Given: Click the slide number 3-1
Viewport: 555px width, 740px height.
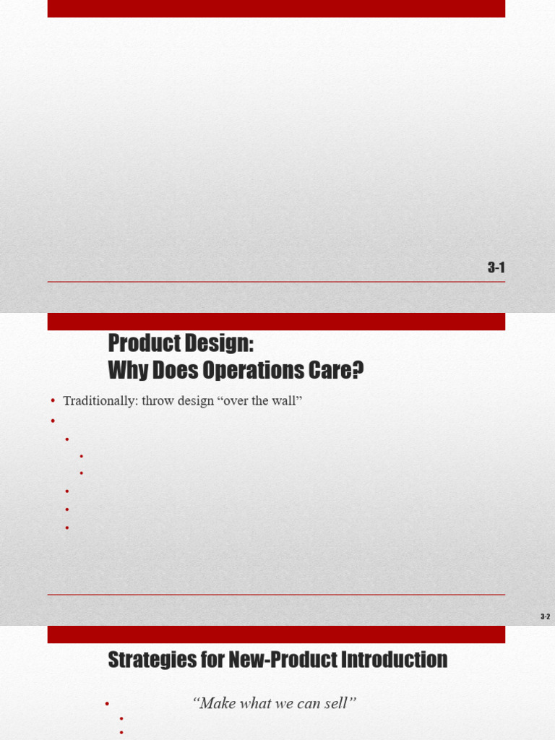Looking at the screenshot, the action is coord(496,267).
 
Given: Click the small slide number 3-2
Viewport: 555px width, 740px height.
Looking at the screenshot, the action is coord(545,616).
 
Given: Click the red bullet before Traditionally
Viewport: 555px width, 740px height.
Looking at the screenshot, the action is coord(53,401).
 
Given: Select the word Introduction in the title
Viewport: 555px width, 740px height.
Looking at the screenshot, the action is coord(394,659).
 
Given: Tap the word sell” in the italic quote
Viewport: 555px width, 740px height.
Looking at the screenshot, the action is coord(340,703).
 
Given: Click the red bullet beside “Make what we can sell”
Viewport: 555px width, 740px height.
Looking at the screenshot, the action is coord(107,704).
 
